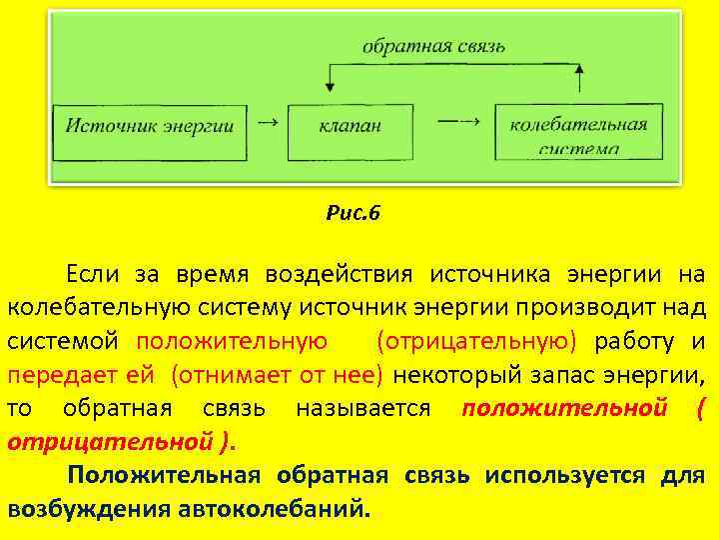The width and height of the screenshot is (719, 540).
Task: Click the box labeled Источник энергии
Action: (x=150, y=127)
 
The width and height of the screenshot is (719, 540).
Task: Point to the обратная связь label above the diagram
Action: (x=434, y=46)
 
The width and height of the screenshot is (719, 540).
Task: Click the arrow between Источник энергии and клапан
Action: (x=268, y=122)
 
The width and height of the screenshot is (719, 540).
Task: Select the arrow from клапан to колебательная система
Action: (x=458, y=122)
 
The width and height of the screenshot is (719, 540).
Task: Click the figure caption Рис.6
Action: (x=354, y=212)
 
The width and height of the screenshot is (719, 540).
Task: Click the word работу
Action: (x=633, y=341)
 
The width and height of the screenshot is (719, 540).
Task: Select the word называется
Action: (x=363, y=409)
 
